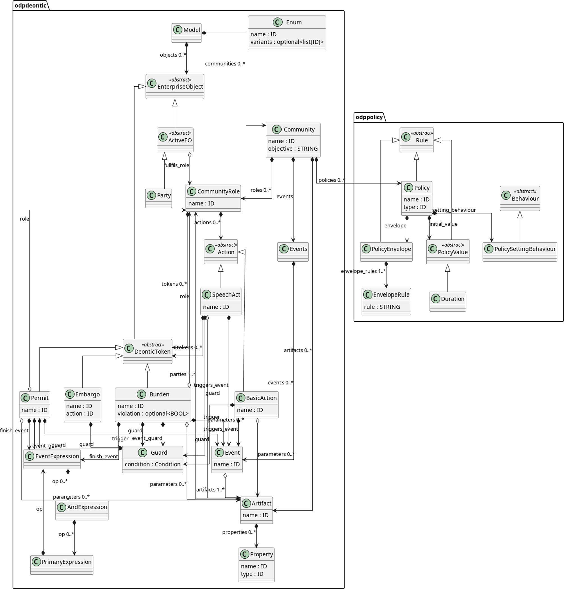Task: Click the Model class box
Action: point(187,33)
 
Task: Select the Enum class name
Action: point(294,22)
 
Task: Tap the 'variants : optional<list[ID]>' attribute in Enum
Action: point(287,42)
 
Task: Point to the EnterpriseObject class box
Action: point(175,87)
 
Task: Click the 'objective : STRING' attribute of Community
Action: point(293,149)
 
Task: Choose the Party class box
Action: point(158,198)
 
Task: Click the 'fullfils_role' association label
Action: point(176,165)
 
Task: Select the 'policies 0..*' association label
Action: point(331,180)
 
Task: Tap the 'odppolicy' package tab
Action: point(369,117)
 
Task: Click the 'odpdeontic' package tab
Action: point(31,5)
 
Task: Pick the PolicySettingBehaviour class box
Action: point(520,252)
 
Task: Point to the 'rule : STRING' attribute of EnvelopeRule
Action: point(382,307)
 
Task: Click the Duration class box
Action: point(447,301)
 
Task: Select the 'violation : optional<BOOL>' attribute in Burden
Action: point(153,414)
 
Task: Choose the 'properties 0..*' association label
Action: point(239,532)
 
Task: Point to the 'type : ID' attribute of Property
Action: point(252,574)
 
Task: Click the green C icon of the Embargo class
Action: point(70,394)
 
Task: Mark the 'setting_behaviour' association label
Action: point(454,210)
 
